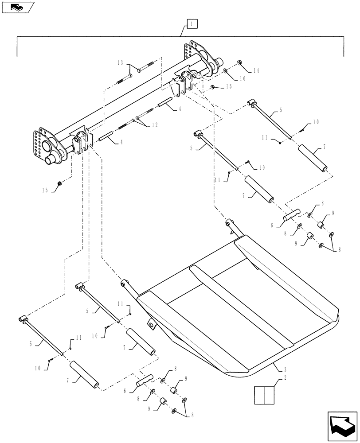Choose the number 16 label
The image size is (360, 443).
pos(243,78)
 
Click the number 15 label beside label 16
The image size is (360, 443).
pos(229,86)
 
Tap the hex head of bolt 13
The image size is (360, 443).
pos(139,70)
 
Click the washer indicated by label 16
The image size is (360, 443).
pos(226,71)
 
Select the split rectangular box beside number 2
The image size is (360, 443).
pos(264,395)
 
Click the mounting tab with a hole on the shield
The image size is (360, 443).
pos(152,326)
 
